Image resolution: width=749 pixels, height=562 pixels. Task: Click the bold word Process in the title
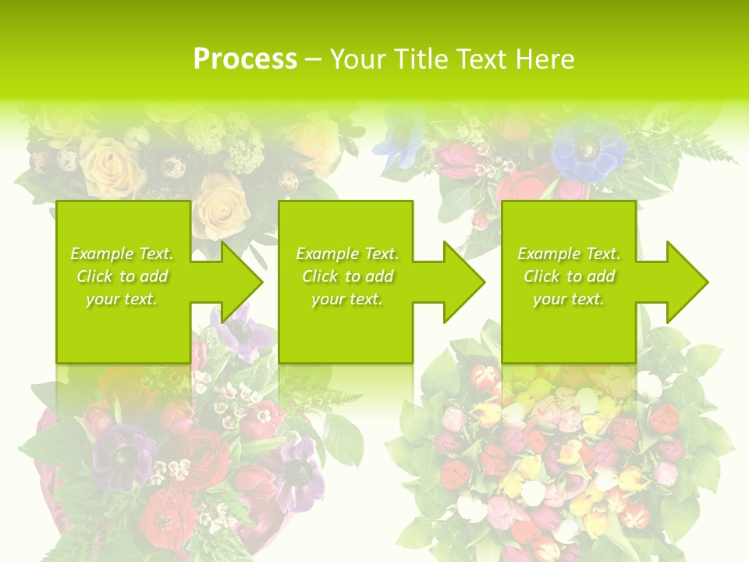point(245,59)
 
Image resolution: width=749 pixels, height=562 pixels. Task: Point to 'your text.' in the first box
point(122,299)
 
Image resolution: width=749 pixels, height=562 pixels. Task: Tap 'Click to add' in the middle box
point(347,276)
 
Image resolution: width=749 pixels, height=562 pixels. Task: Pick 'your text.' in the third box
point(569,299)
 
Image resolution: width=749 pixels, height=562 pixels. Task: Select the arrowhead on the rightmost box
point(686,283)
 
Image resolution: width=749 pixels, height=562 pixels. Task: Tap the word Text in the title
point(481,59)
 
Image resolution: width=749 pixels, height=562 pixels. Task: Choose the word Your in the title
point(360,59)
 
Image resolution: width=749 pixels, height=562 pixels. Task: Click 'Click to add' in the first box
point(122,276)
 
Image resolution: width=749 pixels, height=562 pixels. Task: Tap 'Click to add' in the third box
point(569,276)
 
